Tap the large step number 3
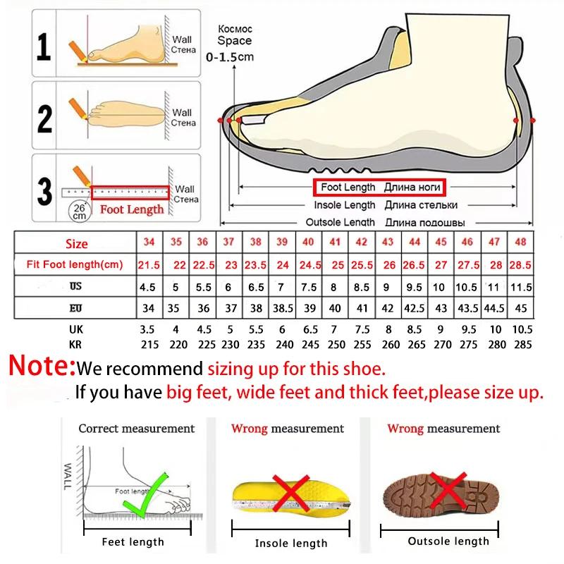(44, 190)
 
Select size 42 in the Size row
(361, 242)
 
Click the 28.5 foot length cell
(520, 265)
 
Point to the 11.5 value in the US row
(520, 287)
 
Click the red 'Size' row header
(77, 244)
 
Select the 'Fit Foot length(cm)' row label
(75, 265)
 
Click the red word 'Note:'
(41, 367)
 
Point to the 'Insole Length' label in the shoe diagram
(344, 205)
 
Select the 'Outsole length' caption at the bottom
(448, 541)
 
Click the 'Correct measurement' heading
(136, 428)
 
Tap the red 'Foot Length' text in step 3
(132, 209)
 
